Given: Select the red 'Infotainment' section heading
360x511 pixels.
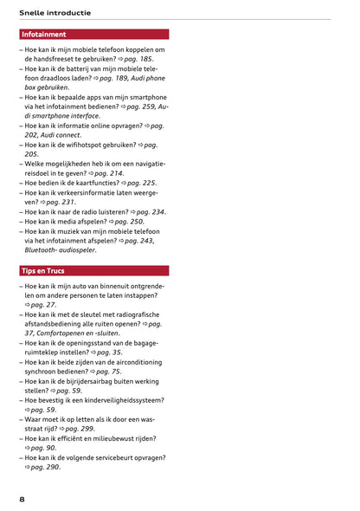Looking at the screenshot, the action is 44,35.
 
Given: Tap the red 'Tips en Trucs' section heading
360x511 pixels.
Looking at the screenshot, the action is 44,271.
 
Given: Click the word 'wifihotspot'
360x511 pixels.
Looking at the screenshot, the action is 87,145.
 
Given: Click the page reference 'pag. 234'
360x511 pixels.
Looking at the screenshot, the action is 146,211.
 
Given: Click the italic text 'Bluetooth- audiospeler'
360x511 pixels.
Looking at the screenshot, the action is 61,250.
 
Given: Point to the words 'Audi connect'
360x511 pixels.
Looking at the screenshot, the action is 65,135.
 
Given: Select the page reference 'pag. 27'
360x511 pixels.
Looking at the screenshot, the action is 43,305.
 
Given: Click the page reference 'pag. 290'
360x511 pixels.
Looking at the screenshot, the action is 45,467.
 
